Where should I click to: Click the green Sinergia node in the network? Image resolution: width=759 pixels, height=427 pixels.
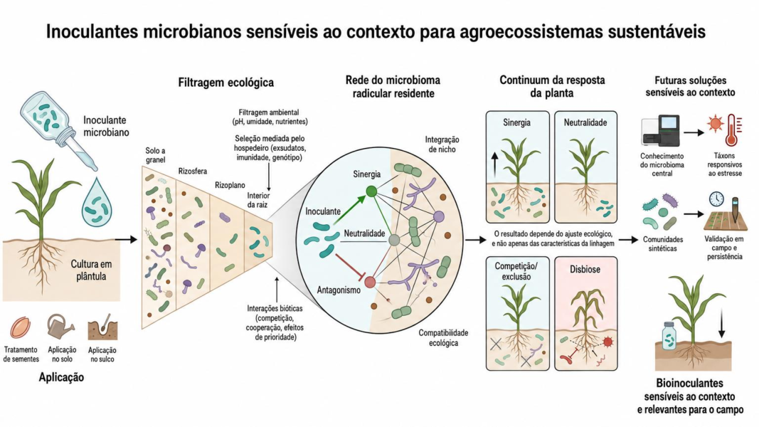pyautogui.click(x=371, y=191)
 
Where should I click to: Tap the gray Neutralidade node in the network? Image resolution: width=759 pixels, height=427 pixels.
pyautogui.click(x=395, y=240)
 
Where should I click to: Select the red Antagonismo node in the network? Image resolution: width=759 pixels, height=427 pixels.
pyautogui.click(x=370, y=282)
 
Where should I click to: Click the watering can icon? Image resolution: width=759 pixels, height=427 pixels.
pyautogui.click(x=60, y=326)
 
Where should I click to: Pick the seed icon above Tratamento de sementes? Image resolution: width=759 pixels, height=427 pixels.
pyautogui.click(x=21, y=328)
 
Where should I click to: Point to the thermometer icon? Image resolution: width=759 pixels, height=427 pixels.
pyautogui.click(x=731, y=130)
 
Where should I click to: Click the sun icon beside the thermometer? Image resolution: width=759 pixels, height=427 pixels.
pyautogui.click(x=714, y=123)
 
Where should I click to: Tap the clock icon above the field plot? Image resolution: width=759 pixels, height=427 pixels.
pyautogui.click(x=716, y=199)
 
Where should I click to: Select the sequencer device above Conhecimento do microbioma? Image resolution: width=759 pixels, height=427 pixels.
pyautogui.click(x=660, y=130)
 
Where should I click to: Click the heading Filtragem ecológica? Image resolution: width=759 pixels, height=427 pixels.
pyautogui.click(x=226, y=83)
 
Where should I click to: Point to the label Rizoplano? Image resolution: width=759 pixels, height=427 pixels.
pyautogui.click(x=230, y=185)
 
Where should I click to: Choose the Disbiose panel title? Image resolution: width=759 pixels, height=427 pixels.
pyautogui.click(x=585, y=269)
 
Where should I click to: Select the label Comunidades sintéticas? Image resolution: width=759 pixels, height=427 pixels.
pyautogui.click(x=663, y=244)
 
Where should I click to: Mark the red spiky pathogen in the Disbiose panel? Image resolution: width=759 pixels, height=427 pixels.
pyautogui.click(x=608, y=342)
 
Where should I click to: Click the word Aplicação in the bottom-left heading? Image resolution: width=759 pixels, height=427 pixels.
pyautogui.click(x=61, y=377)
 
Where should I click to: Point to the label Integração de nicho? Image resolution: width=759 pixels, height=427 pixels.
pyautogui.click(x=442, y=144)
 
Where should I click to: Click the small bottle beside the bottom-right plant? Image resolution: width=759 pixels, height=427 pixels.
pyautogui.click(x=669, y=336)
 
